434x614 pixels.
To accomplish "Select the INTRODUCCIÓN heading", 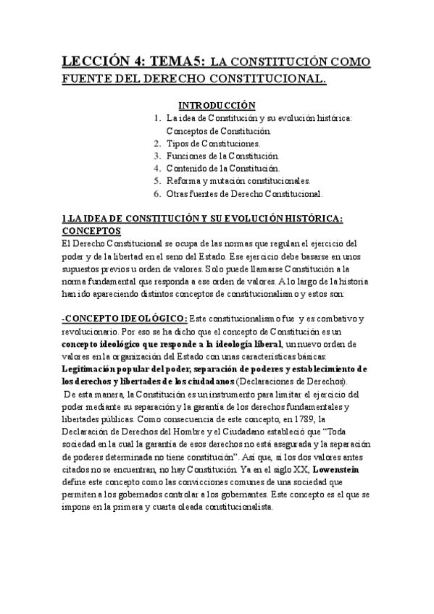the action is (x=217, y=105).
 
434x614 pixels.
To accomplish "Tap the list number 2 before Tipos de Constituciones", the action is (x=157, y=143).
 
